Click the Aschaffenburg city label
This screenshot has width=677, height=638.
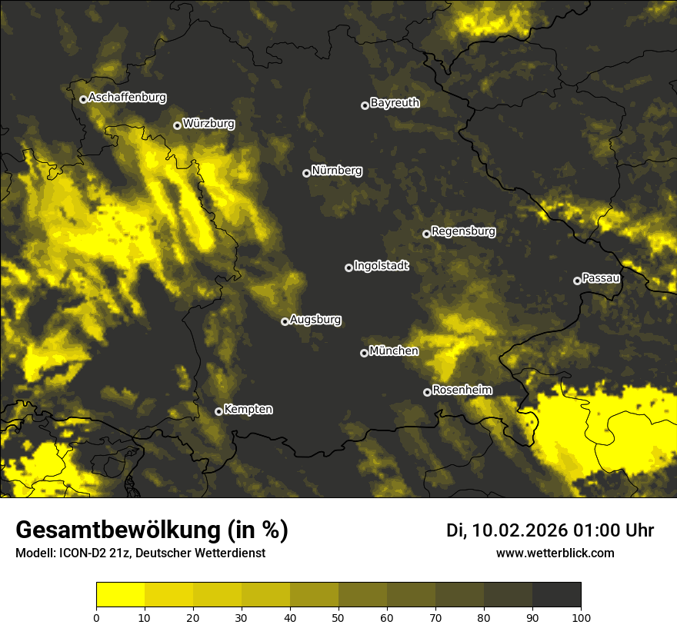127,98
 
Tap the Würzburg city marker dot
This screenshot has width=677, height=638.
177,125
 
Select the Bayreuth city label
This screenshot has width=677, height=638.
395,103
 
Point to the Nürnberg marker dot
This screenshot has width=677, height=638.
306,173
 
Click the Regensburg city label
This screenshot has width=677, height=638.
463,231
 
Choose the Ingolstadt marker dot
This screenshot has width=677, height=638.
349,267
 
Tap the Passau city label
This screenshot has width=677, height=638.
601,278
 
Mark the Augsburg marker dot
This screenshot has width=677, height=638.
285,321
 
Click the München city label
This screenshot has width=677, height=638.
394,351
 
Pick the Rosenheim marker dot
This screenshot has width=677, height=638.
427,392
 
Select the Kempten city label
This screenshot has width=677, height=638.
248,410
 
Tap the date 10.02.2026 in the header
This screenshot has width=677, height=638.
520,530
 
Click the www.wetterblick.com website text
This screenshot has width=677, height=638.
555,553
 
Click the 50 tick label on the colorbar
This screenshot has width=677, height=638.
338,616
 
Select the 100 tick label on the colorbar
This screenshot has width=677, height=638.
581,616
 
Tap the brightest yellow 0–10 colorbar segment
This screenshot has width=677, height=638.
120,595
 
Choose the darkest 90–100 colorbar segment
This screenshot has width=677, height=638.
556,595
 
